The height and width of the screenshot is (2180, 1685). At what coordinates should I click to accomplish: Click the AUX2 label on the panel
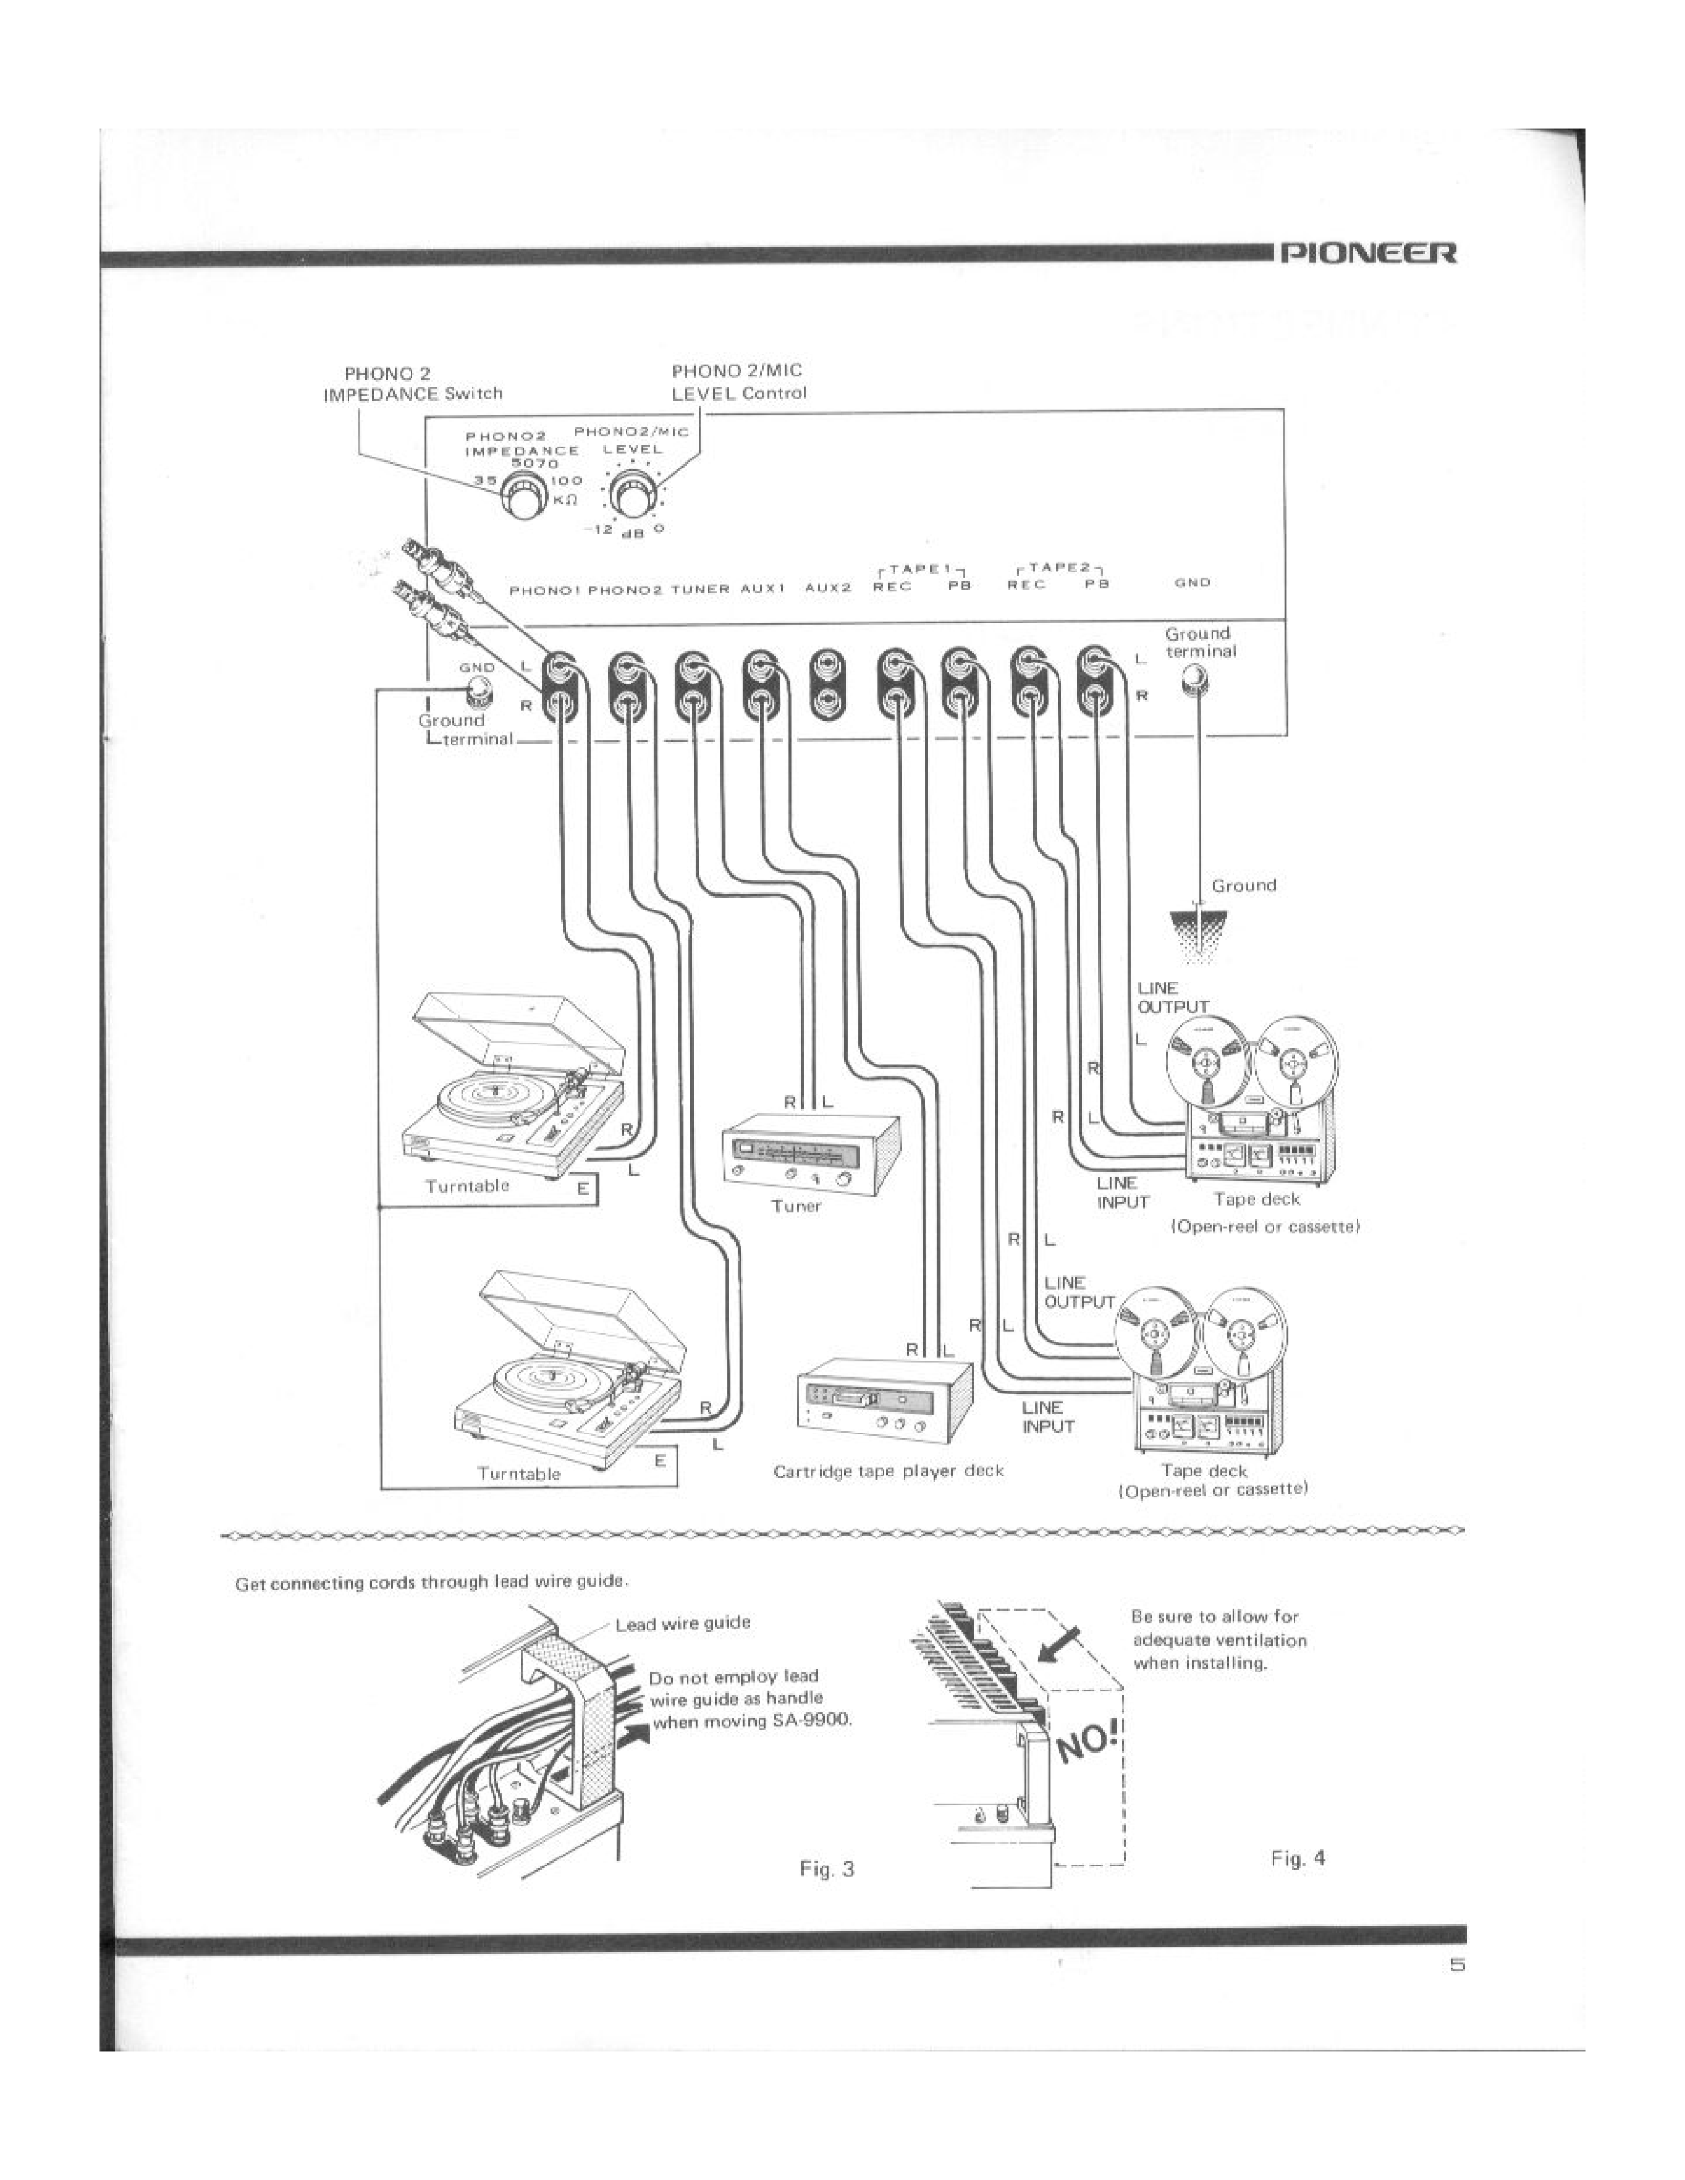coord(827,588)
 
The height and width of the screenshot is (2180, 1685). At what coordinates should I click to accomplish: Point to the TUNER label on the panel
coord(699,589)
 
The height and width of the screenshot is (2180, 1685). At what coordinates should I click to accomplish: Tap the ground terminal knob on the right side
coord(1193,682)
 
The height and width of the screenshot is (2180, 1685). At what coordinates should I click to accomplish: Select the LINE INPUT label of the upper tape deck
coord(1123,1193)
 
